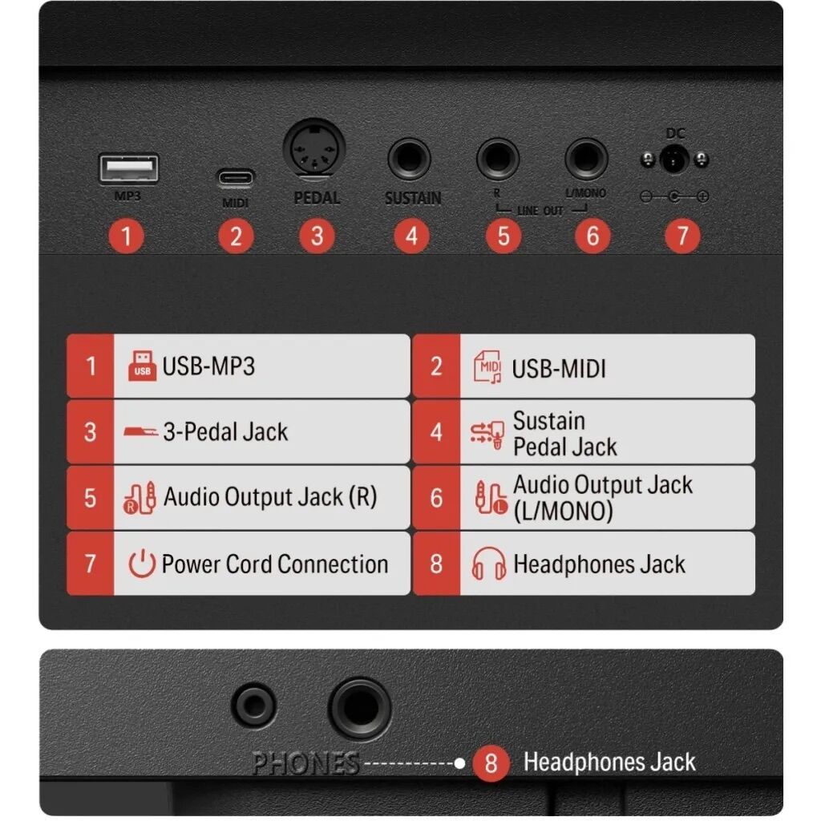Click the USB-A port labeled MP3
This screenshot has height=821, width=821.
click(129, 168)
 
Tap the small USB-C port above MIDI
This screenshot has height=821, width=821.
click(236, 178)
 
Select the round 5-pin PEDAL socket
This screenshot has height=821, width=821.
click(314, 148)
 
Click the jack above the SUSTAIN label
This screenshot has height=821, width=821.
click(410, 158)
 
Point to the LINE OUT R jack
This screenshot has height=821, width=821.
click(498, 158)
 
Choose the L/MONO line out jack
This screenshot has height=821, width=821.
click(586, 158)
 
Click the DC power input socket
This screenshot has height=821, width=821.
click(673, 159)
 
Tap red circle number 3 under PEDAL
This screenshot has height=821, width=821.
click(317, 237)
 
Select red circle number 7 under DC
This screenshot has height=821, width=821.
click(682, 237)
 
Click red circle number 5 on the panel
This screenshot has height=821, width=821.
click(504, 237)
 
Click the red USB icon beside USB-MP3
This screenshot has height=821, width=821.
click(143, 366)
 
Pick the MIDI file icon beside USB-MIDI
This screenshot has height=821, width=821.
click(487, 366)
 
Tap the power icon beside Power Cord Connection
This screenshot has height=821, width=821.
click(142, 564)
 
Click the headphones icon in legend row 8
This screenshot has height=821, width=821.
click(488, 564)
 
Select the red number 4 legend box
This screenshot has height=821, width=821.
click(436, 432)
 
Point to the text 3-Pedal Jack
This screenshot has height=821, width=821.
click(225, 432)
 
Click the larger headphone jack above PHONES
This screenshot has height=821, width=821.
click(360, 709)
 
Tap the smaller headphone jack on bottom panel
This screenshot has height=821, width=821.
click(254, 706)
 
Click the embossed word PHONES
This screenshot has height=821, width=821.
click(305, 763)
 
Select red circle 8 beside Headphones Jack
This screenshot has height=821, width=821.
click(491, 763)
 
